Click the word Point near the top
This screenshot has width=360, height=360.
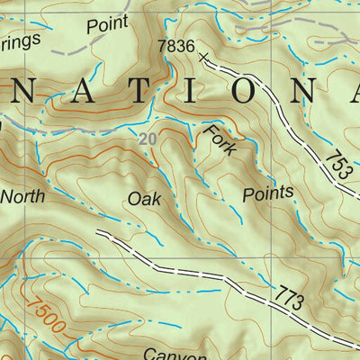tap(105, 24)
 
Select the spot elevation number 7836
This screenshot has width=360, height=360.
tap(175, 46)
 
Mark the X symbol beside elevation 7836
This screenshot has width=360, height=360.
tap(203, 59)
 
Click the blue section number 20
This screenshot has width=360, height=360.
tap(149, 139)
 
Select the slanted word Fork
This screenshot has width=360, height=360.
tap(220, 141)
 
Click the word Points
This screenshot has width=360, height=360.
tap(268, 193)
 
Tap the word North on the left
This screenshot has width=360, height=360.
tap(24, 195)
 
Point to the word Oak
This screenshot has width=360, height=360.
tap(144, 199)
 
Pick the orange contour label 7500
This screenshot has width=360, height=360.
tap(45, 317)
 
